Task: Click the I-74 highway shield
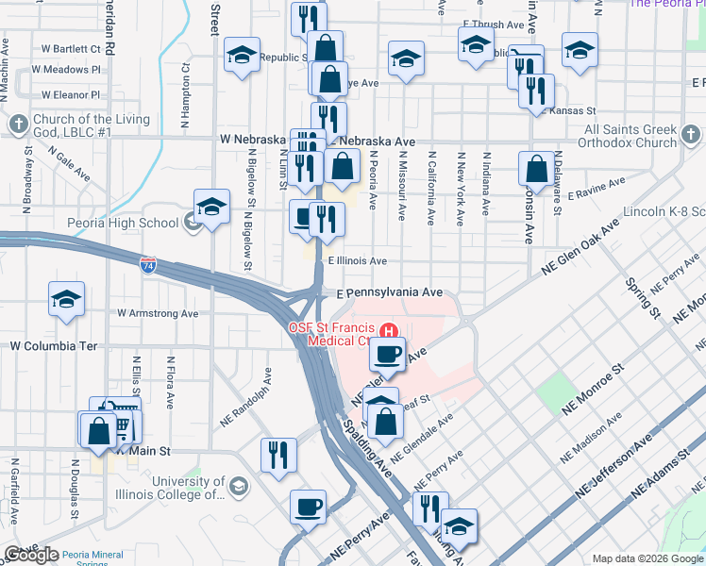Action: point(147,266)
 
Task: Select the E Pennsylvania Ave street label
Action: point(390,293)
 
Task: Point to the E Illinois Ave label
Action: point(357,261)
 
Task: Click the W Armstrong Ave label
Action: point(158,313)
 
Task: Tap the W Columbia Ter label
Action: point(54,346)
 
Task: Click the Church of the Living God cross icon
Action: point(19,124)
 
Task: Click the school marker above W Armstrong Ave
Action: point(66,299)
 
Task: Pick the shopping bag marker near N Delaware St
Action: point(536,169)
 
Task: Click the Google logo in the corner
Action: point(31,555)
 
